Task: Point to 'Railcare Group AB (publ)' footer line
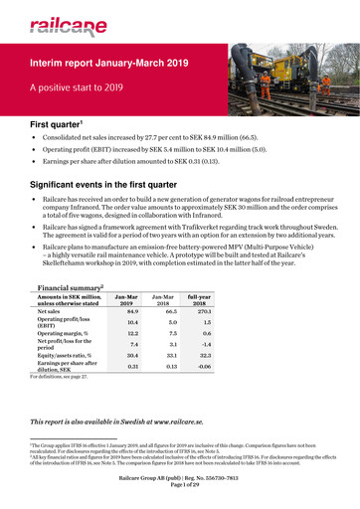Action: [x=180, y=488]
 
